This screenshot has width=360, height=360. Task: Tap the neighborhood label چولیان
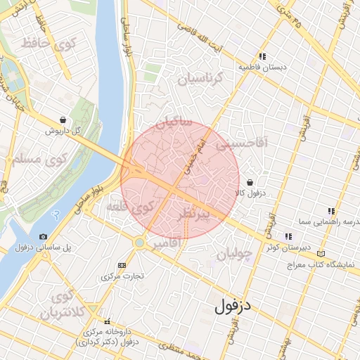click(233, 255)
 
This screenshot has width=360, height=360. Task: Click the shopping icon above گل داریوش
click(63, 120)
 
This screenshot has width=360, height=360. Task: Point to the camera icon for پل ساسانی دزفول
click(44, 237)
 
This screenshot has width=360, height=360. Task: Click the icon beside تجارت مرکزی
click(122, 265)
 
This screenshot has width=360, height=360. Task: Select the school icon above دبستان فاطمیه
click(262, 56)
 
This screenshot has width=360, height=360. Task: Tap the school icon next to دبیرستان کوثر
click(288, 236)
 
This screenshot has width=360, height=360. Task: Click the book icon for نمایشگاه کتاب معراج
click(321, 253)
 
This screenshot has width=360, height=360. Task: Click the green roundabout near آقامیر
click(140, 243)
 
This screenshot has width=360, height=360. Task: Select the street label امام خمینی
click(192, 156)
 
